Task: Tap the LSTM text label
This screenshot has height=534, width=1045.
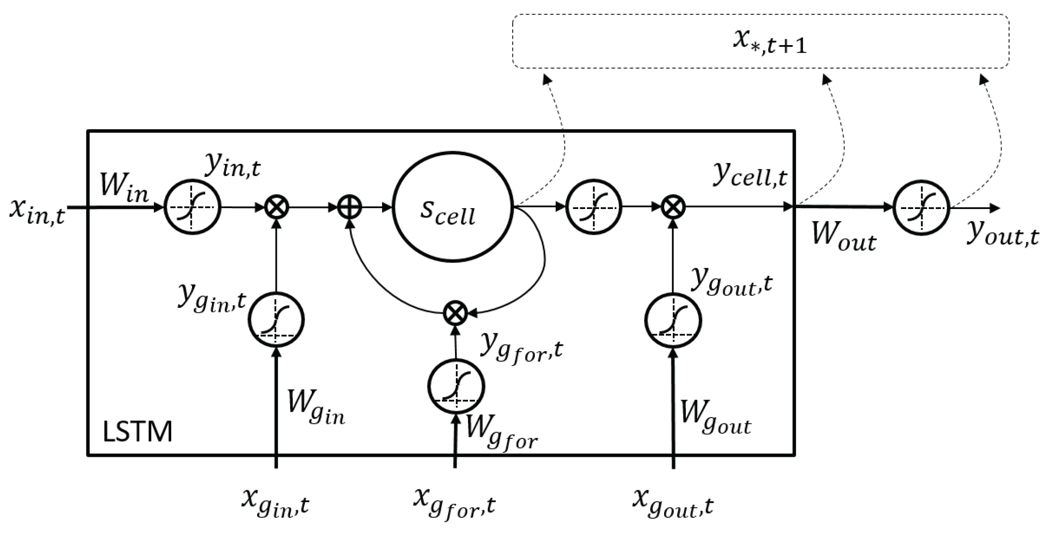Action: pyautogui.click(x=137, y=432)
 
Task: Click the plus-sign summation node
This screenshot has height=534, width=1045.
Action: pyautogui.click(x=350, y=208)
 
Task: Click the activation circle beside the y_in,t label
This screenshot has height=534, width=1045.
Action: pyautogui.click(x=192, y=208)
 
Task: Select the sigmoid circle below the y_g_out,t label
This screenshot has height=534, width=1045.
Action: pyautogui.click(x=673, y=320)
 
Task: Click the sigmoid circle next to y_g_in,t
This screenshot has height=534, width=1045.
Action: pyautogui.click(x=276, y=320)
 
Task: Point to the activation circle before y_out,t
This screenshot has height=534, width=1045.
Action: pyautogui.click(x=922, y=208)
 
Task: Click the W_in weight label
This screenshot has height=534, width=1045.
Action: pyautogui.click(x=124, y=188)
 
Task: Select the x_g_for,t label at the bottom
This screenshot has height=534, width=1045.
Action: pyautogui.click(x=455, y=501)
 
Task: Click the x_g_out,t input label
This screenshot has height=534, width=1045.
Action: pyautogui.click(x=673, y=501)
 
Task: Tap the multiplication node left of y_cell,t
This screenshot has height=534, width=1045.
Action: pyautogui.click(x=673, y=208)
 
